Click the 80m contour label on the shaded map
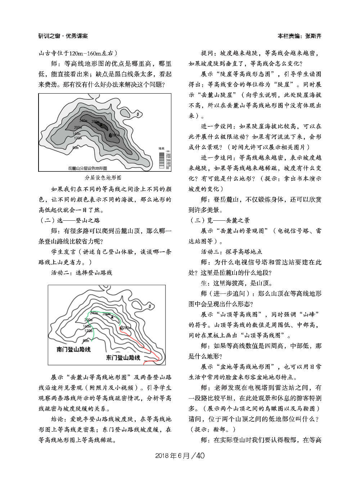click(x=76, y=148)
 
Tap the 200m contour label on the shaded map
click(x=77, y=127)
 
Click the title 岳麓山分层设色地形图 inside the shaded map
click(x=87, y=168)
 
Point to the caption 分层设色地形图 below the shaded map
click(x=103, y=178)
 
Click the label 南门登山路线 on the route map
click(x=73, y=350)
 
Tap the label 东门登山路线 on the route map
click(x=123, y=358)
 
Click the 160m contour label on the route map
click(x=87, y=326)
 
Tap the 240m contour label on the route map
click(x=94, y=313)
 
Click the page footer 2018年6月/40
click(x=180, y=455)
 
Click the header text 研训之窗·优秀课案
click(x=63, y=36)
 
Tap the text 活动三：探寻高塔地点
click(x=231, y=252)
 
